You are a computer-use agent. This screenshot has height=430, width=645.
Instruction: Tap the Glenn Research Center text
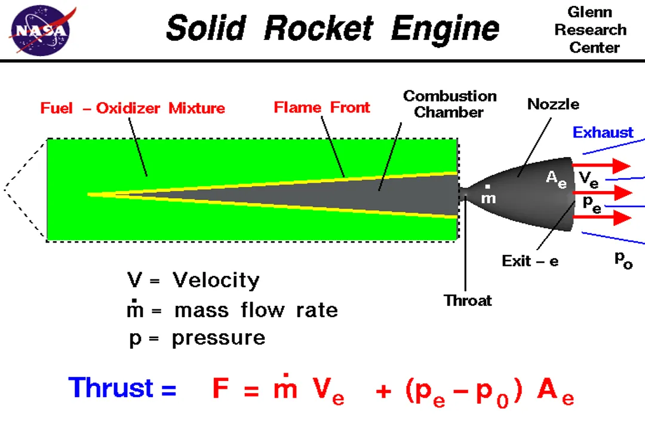click(589, 30)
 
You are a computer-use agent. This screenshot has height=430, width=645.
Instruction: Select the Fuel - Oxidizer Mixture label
click(133, 108)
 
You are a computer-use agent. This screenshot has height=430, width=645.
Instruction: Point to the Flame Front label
click(322, 107)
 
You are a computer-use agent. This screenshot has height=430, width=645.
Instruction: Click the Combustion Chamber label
click(449, 104)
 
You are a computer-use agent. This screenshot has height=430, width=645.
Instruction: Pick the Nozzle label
click(553, 105)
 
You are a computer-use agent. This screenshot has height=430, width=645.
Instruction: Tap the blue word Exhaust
click(603, 133)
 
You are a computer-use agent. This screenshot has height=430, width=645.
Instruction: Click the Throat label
click(468, 300)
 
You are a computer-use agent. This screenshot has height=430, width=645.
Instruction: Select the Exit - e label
click(530, 261)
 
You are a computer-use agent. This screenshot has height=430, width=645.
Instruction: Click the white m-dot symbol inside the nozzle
click(489, 196)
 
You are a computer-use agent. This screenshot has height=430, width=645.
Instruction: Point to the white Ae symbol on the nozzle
click(556, 179)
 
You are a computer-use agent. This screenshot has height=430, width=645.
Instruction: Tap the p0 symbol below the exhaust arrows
click(623, 260)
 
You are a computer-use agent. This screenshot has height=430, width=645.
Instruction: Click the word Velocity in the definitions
click(216, 280)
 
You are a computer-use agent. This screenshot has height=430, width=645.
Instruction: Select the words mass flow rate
click(256, 311)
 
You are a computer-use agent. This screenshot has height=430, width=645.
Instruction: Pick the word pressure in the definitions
click(219, 338)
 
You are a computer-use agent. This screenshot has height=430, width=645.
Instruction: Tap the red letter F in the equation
click(222, 389)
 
